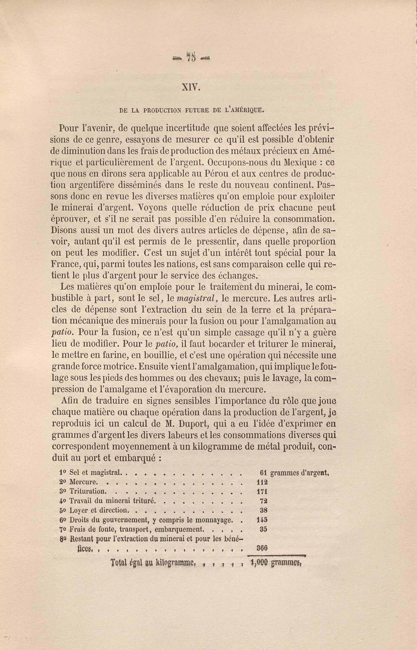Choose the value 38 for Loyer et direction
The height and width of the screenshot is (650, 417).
click(264, 510)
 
